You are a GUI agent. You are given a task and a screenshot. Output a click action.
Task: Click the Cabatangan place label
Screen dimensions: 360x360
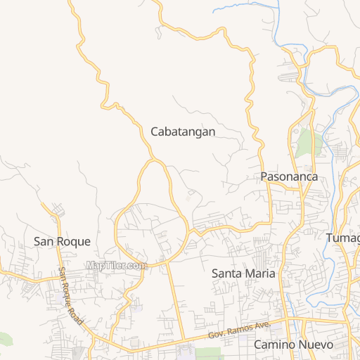click(183, 131)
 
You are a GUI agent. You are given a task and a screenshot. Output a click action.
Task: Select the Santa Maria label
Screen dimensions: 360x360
click(243, 272)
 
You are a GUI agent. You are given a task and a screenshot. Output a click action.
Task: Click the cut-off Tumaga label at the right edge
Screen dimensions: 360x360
click(343, 238)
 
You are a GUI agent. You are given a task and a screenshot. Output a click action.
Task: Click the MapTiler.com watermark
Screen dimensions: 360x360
click(117, 265)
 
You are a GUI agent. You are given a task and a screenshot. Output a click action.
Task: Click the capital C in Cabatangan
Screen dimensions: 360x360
click(155, 131)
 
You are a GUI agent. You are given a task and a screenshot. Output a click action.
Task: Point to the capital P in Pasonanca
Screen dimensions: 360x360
click(264, 176)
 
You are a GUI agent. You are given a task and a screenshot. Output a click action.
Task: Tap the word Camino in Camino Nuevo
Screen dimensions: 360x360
click(271, 345)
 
